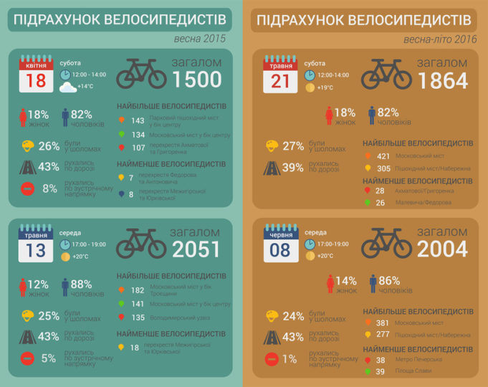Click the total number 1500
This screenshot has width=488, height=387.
(197, 80)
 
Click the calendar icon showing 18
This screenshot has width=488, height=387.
(36, 75)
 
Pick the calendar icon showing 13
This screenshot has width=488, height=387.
(36, 244)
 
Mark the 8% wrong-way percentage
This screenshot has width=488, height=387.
(49, 188)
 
